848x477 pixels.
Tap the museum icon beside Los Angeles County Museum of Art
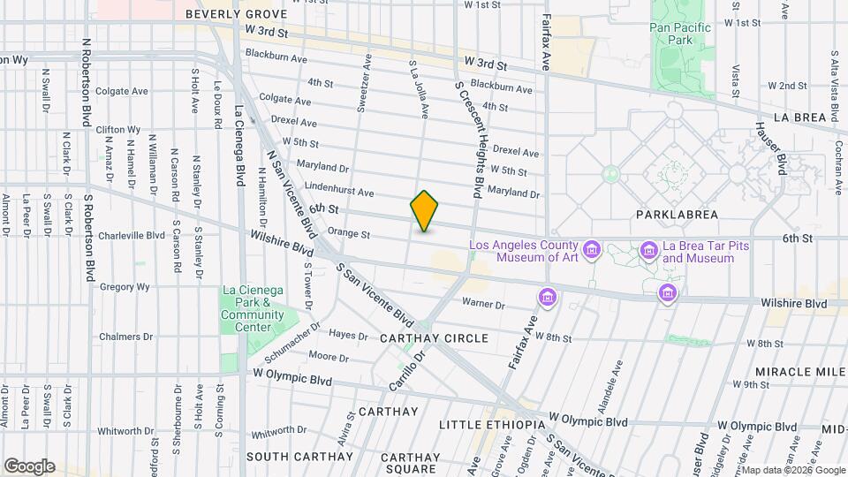pyautogui.click(x=591, y=252)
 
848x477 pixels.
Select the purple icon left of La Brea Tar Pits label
pyautogui.click(x=649, y=252)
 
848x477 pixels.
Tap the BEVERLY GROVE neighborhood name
pyautogui.click(x=236, y=14)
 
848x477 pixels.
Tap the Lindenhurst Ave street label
pyautogui.click(x=339, y=192)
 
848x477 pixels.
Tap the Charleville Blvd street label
pyautogui.click(x=132, y=236)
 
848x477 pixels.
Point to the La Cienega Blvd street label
pyautogui.click(x=240, y=146)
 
